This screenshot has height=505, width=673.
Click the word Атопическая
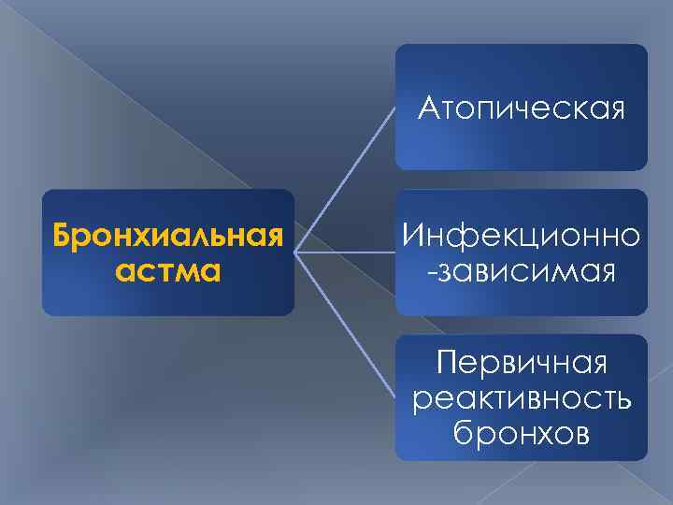point(521,110)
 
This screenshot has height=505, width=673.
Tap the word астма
point(168,271)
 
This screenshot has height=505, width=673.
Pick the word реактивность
point(521,397)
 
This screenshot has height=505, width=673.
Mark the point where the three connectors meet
point(297,252)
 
